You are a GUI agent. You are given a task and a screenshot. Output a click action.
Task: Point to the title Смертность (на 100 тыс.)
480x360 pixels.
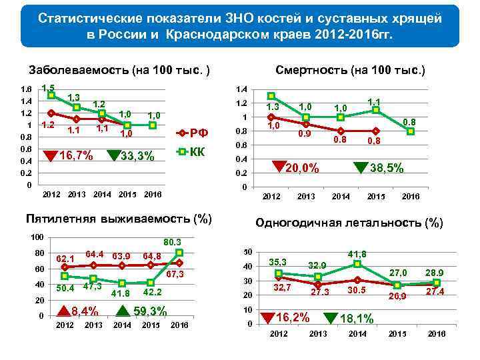(350, 69)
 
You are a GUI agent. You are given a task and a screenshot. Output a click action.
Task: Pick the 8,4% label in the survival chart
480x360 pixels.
(85, 310)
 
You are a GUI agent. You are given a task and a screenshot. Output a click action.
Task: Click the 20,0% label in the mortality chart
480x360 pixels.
(302, 169)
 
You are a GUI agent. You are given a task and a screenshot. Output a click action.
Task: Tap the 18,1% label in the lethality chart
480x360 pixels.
(357, 319)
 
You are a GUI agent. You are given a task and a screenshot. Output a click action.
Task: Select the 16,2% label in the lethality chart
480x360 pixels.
(294, 317)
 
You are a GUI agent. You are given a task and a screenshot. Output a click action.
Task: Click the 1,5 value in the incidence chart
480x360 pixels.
(48, 87)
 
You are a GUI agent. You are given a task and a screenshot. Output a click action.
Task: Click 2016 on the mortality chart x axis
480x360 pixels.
(411, 197)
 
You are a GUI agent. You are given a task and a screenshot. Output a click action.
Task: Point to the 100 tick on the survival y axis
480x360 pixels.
(37, 237)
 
